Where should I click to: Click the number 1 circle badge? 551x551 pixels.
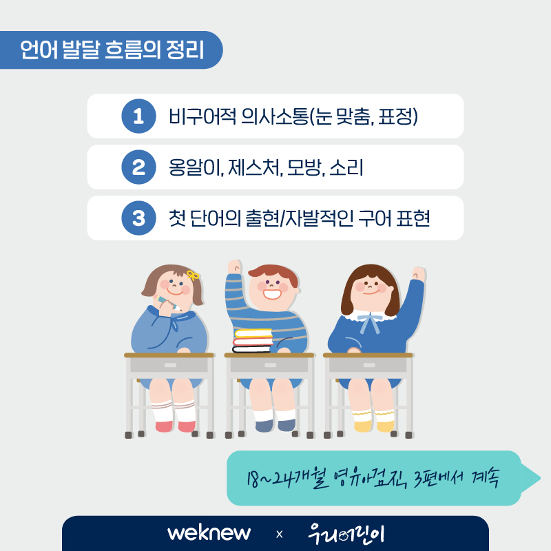coord(139,116)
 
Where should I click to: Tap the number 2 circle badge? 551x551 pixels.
coord(139,167)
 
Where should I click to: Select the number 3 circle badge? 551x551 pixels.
coord(139,218)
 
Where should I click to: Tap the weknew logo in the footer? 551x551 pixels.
coord(209,533)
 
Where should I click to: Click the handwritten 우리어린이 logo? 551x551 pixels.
coord(346,534)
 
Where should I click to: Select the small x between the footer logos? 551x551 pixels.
coord(280,534)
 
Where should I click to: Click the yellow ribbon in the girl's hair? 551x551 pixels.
coord(193,275)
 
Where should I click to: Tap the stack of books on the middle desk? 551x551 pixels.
coord(252,340)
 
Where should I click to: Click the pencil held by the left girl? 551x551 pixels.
coord(167,304)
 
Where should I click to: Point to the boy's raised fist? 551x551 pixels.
coord(235,267)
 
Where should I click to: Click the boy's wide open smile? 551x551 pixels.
coord(272,293)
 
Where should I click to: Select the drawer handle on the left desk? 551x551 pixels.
coord(170,365)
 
